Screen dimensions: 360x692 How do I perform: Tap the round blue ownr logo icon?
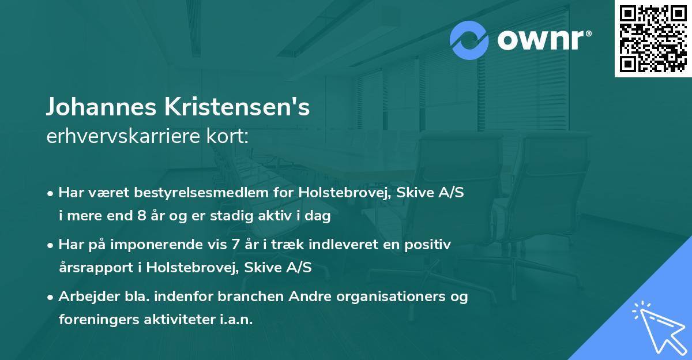(x=469, y=40)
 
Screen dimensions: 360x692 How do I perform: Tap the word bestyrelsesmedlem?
(x=204, y=193)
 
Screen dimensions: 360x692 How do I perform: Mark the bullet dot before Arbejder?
(x=51, y=298)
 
